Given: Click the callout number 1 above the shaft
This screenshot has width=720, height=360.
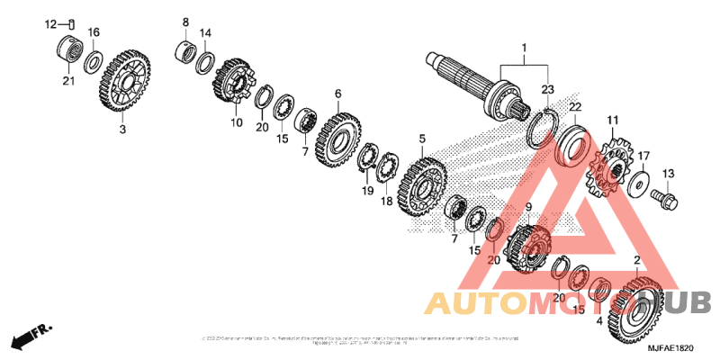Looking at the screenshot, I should pyautogui.click(x=522, y=47).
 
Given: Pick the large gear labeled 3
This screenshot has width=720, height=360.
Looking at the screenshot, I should pyautogui.click(x=123, y=82).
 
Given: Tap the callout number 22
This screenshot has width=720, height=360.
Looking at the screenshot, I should pyautogui.click(x=573, y=107).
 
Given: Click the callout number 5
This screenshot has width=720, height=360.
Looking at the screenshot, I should pyautogui.click(x=421, y=139).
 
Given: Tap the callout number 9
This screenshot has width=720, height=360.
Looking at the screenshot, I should pyautogui.click(x=528, y=207).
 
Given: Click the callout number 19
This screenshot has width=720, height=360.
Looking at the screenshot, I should pyautogui.click(x=367, y=192).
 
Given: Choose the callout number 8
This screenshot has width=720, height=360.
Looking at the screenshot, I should pyautogui.click(x=185, y=22).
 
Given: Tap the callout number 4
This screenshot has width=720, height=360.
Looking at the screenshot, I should pyautogui.click(x=599, y=319).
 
